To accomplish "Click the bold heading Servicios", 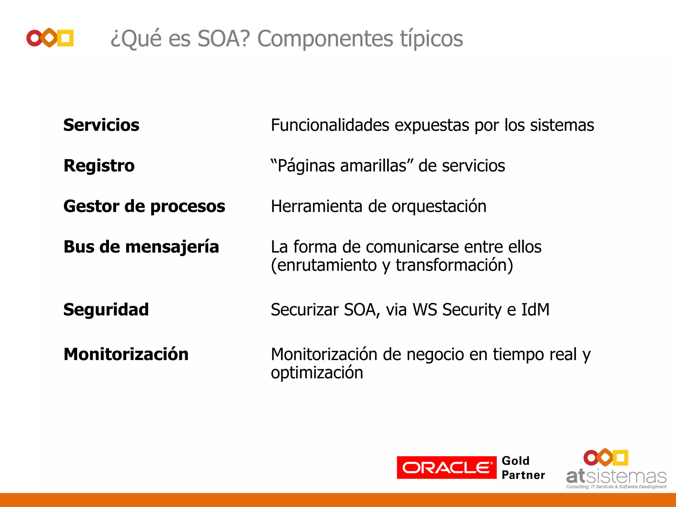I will [101, 125].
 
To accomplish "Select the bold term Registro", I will [99, 166].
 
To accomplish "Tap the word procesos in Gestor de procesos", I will [187, 207].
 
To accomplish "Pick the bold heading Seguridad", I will [106, 310].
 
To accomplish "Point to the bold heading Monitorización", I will [126, 354].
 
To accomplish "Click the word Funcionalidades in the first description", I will [330, 125].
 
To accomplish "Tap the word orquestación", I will [439, 207].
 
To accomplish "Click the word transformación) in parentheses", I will [454, 265].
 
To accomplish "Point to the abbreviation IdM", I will [535, 310].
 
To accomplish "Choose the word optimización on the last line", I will [317, 373].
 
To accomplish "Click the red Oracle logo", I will [446, 467].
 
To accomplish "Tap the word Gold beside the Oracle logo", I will [515, 460].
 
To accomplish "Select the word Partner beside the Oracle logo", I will [523, 475].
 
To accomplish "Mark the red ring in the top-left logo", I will [34, 38].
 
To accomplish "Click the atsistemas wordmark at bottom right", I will [616, 477].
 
